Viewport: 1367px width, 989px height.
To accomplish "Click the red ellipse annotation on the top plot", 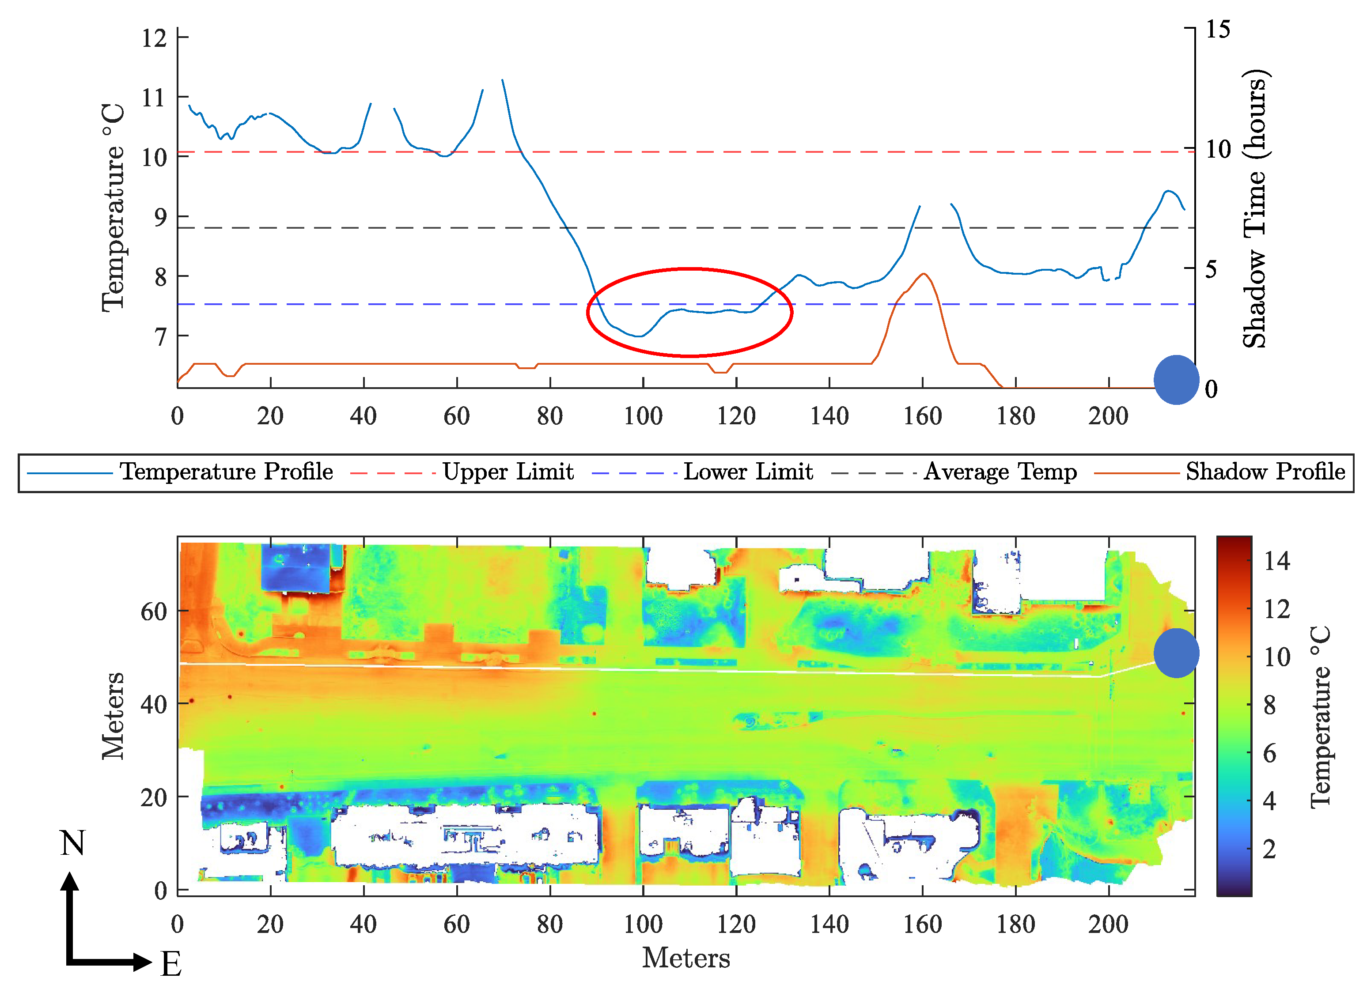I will point(689,269).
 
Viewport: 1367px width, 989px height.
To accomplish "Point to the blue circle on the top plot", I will point(1176,380).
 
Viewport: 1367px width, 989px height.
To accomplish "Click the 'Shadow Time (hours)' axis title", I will point(1256,208).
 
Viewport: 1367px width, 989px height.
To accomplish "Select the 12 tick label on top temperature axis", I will point(154,38).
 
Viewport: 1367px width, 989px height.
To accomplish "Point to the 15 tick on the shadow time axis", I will point(1218,29).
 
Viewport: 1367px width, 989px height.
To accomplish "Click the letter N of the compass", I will point(72,843).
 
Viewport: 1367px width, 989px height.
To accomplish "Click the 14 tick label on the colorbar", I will point(1276,561).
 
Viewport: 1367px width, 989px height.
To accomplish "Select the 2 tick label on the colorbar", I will point(1269,849).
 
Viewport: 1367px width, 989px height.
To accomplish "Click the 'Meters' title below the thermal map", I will point(686,958).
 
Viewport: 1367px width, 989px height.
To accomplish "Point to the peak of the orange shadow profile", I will point(923,274).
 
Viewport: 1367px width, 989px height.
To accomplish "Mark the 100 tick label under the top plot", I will point(643,416).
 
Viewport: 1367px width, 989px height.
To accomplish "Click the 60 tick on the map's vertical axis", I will point(154,612).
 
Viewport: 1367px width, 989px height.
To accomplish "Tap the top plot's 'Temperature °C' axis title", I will point(113,208).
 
